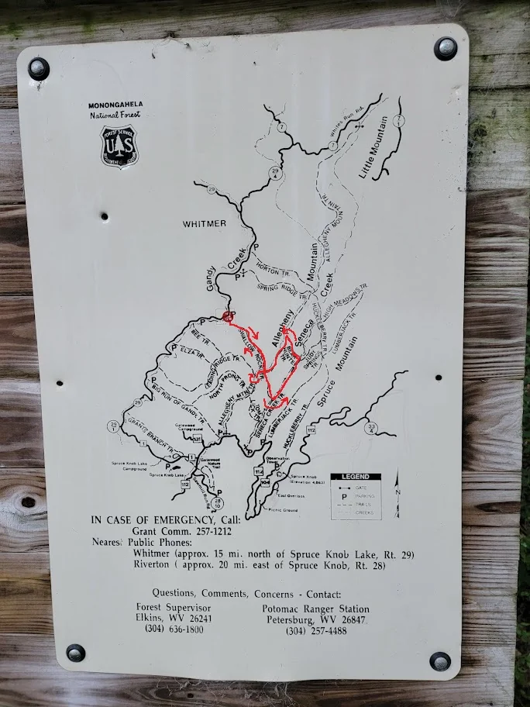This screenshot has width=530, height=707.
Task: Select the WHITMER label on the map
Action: [205, 223]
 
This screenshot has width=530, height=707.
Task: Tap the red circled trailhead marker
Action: [228, 316]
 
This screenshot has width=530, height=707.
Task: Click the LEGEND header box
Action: [356, 477]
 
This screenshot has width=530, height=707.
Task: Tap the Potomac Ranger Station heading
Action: [315, 609]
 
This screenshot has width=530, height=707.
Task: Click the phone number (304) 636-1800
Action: [174, 630]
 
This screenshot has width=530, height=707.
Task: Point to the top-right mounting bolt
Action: [446, 49]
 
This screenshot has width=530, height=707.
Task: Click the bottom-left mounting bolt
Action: [75, 653]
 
